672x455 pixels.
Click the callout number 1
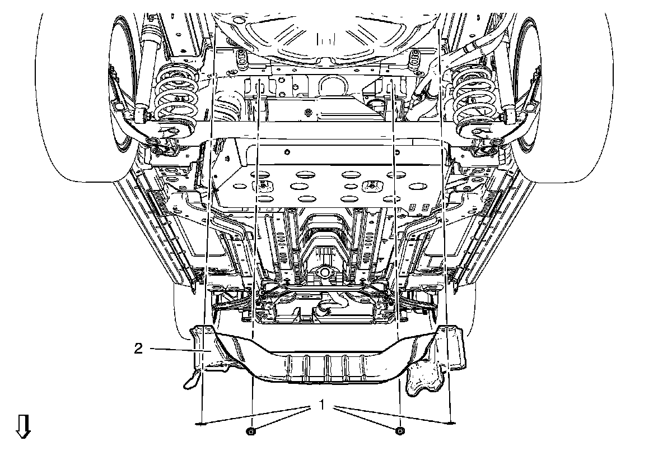[x=322, y=403]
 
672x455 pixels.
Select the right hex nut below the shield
[x=399, y=430]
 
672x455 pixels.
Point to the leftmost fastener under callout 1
[x=200, y=424]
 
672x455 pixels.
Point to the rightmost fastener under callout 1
[x=452, y=424]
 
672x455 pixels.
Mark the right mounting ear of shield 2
[x=451, y=345]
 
